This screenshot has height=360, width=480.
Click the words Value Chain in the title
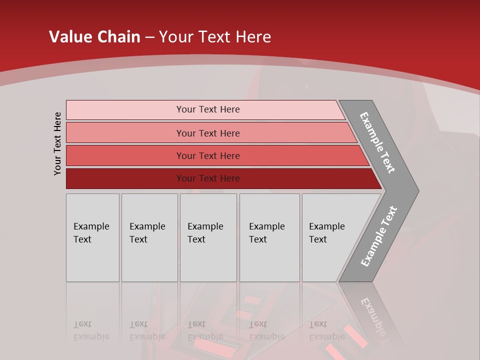click(94, 37)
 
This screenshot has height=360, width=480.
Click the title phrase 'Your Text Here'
click(215, 37)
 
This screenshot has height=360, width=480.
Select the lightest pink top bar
click(125, 110)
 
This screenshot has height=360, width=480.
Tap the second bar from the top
click(125, 133)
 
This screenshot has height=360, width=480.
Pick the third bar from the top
click(125, 155)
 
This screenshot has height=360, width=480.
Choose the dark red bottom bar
click(125, 178)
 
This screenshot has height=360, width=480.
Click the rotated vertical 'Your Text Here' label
click(57, 143)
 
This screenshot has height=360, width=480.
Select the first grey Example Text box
click(92, 237)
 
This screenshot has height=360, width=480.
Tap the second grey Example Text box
click(149, 237)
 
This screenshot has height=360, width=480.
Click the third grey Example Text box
click(208, 237)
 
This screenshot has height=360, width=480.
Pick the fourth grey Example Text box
click(269, 237)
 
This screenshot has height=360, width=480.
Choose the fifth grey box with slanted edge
click(330, 237)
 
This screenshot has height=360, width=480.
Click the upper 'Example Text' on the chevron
click(377, 142)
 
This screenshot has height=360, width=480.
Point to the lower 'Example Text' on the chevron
click(379, 236)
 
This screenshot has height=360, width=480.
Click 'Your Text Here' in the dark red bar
click(208, 178)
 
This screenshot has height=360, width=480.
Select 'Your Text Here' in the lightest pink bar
click(208, 109)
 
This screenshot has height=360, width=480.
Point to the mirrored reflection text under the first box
click(91, 330)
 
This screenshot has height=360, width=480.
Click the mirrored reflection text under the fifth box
click(326, 330)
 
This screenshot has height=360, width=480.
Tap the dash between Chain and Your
click(149, 37)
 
